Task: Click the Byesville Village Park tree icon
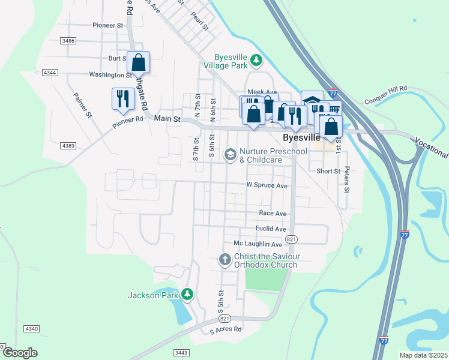click(x=256, y=59)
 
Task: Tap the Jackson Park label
click(x=153, y=295)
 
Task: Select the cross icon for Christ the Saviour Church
click(x=224, y=260)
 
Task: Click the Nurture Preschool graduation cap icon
click(x=229, y=155)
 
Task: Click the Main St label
click(x=167, y=119)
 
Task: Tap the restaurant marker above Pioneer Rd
click(x=123, y=98)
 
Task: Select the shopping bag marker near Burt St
click(x=139, y=62)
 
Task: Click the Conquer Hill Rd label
click(x=386, y=88)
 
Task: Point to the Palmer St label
click(x=82, y=104)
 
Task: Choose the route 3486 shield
click(x=68, y=40)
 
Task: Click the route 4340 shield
click(x=32, y=329)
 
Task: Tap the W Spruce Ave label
click(x=267, y=185)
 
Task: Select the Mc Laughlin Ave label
click(x=258, y=244)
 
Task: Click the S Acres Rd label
click(x=225, y=329)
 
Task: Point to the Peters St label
click(x=346, y=179)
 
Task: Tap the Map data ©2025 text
click(x=423, y=355)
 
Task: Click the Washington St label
click(x=110, y=75)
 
